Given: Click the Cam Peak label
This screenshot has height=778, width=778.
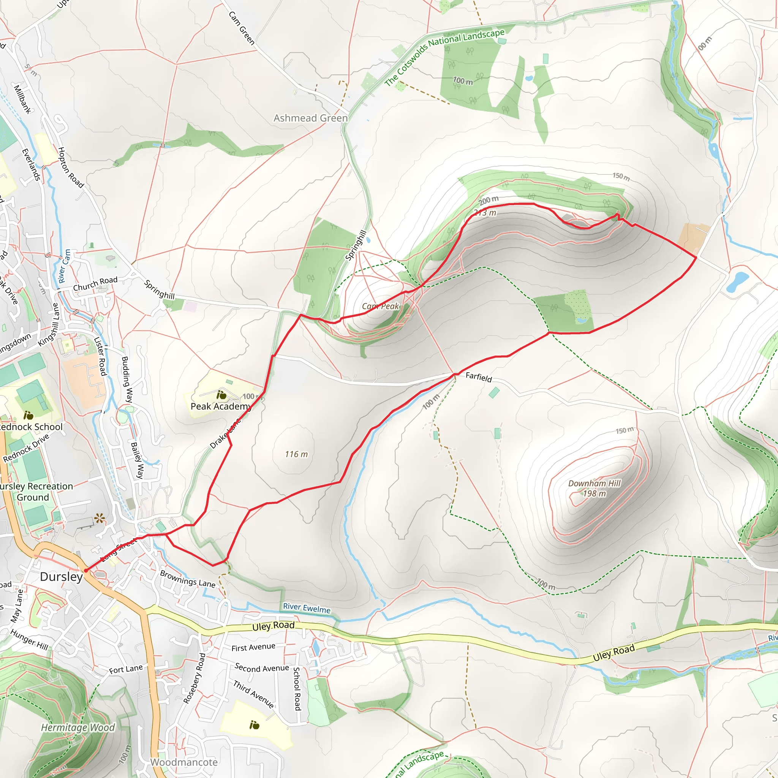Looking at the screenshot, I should point(380,307).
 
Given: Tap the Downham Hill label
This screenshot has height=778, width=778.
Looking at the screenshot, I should point(595,483).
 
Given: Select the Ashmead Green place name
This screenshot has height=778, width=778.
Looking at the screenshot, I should point(310,118).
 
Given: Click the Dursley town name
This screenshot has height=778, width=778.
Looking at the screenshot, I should point(61,577).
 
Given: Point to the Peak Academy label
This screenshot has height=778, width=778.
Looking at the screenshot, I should point(221,406).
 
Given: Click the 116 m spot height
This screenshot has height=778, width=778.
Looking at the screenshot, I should point(296,454).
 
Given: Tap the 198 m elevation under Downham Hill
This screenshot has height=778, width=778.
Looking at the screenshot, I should point(595,494).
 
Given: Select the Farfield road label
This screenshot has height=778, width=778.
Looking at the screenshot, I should point(479,377).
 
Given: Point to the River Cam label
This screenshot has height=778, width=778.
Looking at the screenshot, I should point(65,266).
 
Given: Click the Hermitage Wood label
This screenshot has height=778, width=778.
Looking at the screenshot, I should point(78,727).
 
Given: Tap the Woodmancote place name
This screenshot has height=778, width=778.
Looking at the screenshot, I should point(183,762).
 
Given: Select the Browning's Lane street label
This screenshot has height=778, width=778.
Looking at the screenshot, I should point(188,579).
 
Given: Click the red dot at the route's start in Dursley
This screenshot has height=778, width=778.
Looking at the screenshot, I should point(86,571).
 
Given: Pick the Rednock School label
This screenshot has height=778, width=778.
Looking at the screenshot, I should point(32,427).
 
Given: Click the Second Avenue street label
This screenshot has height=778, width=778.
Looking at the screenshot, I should point(262,668).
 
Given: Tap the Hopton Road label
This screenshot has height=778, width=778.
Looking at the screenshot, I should point(71,168).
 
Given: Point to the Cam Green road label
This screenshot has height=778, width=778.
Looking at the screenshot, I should point(242,28).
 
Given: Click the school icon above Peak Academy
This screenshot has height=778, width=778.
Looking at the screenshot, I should point(221,395).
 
